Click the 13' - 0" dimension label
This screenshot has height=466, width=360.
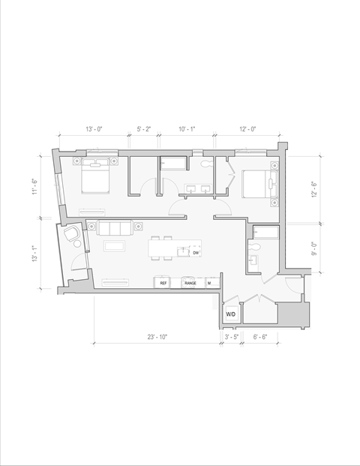(x=94, y=130)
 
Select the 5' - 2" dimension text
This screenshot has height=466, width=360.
(x=144, y=130)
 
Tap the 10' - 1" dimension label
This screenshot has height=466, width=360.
(x=186, y=130)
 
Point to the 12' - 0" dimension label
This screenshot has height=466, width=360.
(x=248, y=130)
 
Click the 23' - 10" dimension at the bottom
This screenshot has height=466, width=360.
(x=157, y=338)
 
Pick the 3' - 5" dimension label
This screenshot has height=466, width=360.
(x=232, y=338)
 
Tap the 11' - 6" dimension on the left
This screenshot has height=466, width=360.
(x=34, y=185)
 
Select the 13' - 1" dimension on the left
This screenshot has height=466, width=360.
(x=34, y=255)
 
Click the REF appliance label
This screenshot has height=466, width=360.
(x=163, y=283)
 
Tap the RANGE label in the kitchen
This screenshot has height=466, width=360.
(x=190, y=283)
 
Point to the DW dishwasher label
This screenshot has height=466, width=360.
(x=196, y=253)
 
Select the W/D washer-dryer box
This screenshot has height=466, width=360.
(x=232, y=314)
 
